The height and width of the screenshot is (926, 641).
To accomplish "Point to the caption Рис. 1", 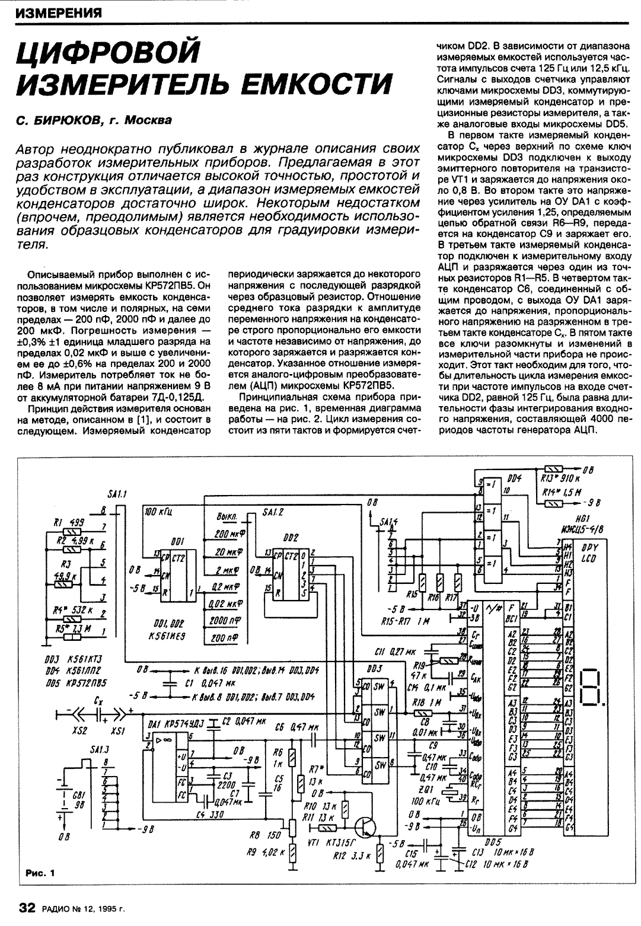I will pos(40,872).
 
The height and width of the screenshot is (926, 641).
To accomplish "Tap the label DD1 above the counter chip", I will pos(177,541).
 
